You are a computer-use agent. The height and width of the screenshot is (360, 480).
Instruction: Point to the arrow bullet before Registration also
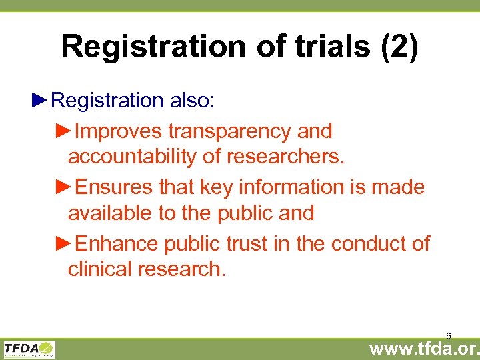[40, 100]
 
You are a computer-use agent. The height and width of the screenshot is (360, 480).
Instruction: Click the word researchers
[286, 157]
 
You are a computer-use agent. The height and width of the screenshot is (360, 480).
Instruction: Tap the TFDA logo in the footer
[29, 349]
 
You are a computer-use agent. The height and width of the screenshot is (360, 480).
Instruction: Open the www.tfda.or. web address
[424, 349]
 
